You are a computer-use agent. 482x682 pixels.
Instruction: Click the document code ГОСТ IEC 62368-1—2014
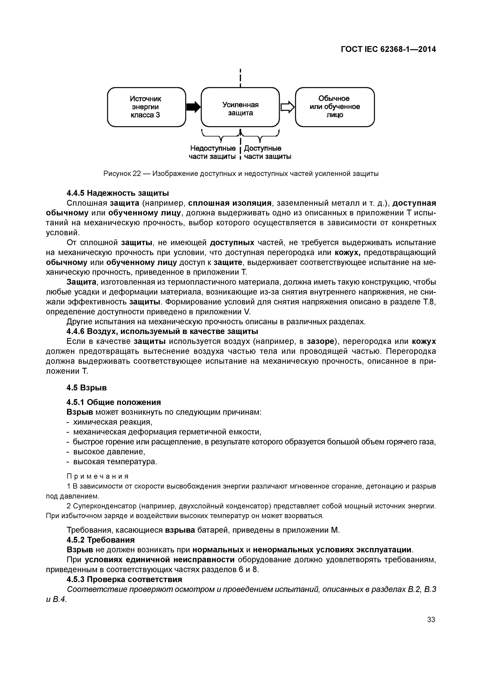tap(388, 49)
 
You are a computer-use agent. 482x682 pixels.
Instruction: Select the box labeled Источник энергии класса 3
tap(146, 107)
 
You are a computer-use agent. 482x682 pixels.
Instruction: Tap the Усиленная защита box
tap(240, 107)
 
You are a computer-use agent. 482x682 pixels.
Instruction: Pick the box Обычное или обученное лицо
tap(335, 107)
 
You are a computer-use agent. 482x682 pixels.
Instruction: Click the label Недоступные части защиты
tap(213, 152)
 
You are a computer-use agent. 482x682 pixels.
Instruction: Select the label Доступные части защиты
tap(267, 152)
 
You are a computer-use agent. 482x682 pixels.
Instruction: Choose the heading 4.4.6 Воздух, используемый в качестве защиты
tap(162, 331)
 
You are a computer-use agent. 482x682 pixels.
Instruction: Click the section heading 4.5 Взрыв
tap(86, 388)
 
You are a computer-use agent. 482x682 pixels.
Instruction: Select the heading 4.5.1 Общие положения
tap(114, 402)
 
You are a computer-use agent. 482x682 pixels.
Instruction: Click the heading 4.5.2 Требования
tap(101, 540)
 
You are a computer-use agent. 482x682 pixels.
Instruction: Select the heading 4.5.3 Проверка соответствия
tap(124, 579)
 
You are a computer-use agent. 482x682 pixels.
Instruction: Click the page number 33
tap(431, 620)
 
